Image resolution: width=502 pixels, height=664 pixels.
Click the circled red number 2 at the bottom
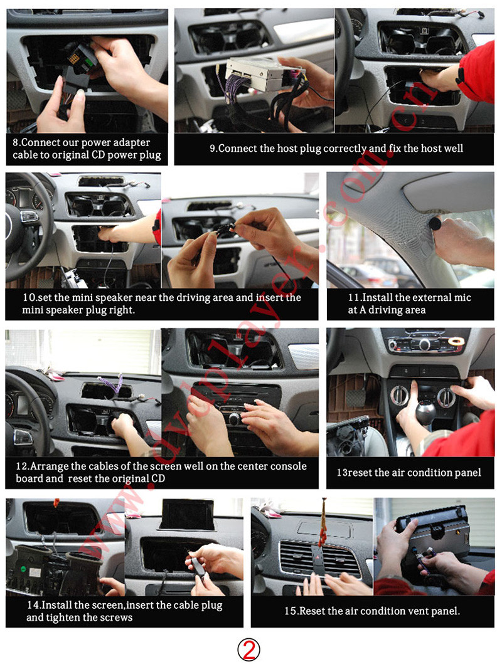click(x=248, y=649)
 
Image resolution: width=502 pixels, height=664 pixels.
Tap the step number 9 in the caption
click(x=213, y=149)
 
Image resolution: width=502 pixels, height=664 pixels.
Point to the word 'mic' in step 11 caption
click(x=462, y=298)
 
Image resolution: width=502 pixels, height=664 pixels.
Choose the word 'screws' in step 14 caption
click(x=117, y=618)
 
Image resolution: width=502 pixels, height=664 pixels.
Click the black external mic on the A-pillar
click(x=435, y=223)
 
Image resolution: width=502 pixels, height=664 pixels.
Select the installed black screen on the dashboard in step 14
click(x=187, y=514)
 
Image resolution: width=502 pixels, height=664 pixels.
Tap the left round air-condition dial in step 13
click(x=399, y=396)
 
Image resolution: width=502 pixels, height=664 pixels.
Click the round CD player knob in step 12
click(x=234, y=419)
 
